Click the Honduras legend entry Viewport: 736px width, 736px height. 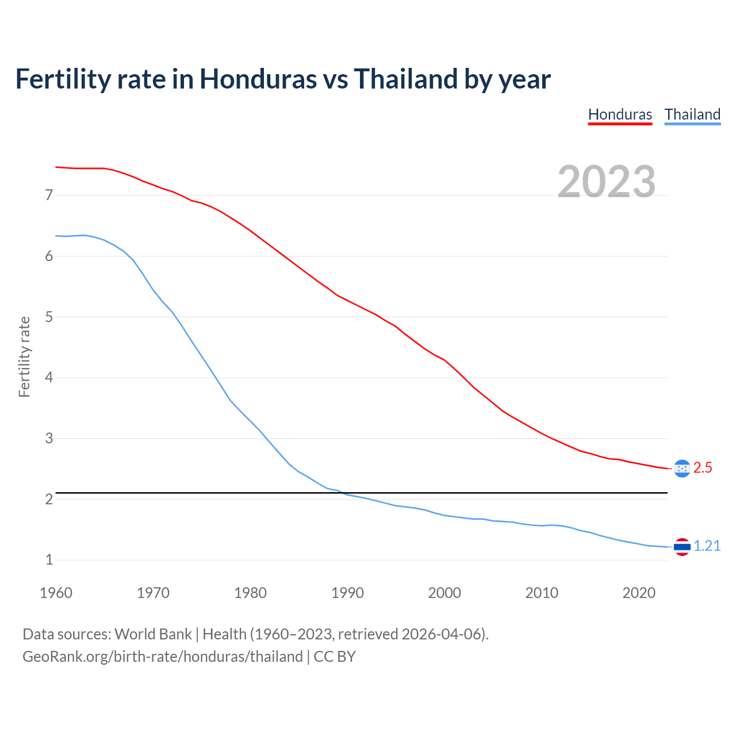(x=620, y=114)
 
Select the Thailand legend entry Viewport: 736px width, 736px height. (x=692, y=114)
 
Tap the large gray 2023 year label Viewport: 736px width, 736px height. (x=607, y=182)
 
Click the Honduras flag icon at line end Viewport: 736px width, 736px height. (x=681, y=469)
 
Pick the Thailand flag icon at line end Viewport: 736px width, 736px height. (x=681, y=547)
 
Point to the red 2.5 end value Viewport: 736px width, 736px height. (x=703, y=468)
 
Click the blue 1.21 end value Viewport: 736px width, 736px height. (x=707, y=546)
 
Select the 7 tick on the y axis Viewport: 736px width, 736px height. (x=49, y=195)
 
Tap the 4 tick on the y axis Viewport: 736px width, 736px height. (x=49, y=378)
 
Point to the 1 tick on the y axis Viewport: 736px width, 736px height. (x=49, y=560)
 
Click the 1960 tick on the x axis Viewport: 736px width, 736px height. (x=56, y=593)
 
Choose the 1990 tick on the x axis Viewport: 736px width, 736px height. (x=347, y=593)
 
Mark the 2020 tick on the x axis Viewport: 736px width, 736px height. (x=639, y=593)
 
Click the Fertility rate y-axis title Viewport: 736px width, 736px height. (x=24, y=356)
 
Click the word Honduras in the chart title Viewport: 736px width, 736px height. (x=258, y=79)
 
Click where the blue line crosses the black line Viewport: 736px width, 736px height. (x=342, y=493)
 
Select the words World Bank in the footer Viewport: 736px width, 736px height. (x=153, y=634)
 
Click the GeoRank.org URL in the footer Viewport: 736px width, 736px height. (x=162, y=657)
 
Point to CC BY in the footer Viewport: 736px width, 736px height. (x=335, y=657)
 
